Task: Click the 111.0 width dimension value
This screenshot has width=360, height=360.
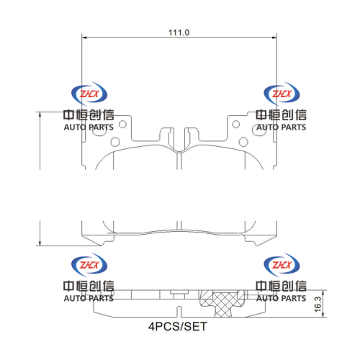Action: (x=179, y=32)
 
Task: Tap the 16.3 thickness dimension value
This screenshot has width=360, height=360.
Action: (x=318, y=305)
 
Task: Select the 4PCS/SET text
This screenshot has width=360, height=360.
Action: (x=178, y=326)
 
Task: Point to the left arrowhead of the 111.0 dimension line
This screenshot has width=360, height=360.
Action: (x=84, y=37)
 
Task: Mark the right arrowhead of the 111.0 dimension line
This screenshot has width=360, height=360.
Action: (x=274, y=37)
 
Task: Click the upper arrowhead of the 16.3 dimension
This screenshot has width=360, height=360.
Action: (x=323, y=293)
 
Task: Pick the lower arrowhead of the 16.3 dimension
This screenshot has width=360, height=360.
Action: (x=323, y=315)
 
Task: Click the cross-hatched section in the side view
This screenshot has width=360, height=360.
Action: (x=222, y=304)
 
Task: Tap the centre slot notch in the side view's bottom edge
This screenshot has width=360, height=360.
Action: (x=179, y=312)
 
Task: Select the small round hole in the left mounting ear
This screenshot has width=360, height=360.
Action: (x=122, y=125)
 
